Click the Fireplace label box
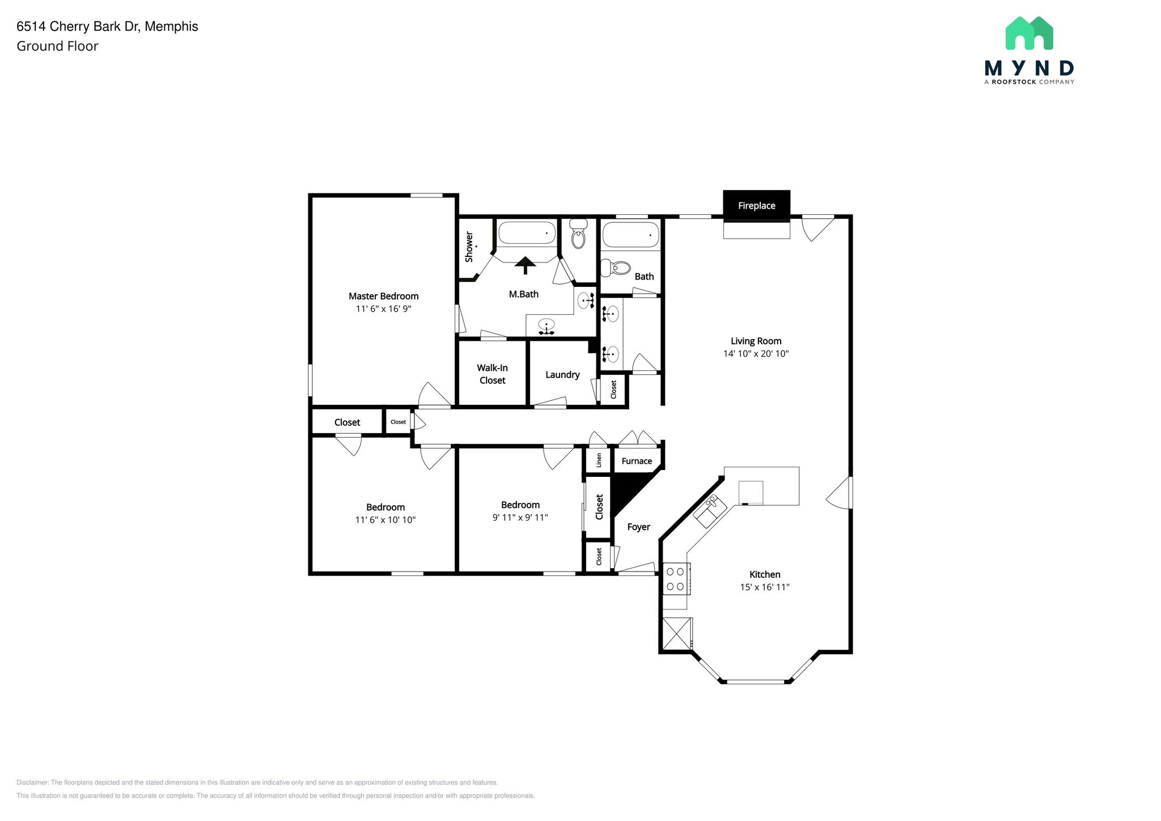click(756, 205)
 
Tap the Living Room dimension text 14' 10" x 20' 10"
click(756, 354)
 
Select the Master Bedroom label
click(383, 296)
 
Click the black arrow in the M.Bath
click(525, 265)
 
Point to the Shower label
click(469, 247)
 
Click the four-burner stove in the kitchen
click(676, 579)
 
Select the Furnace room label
click(637, 461)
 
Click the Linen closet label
click(599, 460)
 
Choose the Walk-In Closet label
click(492, 374)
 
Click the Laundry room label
click(562, 375)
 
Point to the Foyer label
click(638, 527)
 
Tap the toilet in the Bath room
click(616, 268)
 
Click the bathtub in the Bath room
click(630, 234)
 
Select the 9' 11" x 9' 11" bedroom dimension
click(520, 518)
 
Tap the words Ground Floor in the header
click(57, 46)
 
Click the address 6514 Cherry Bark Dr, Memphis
click(107, 27)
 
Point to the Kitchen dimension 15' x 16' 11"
click(764, 587)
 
